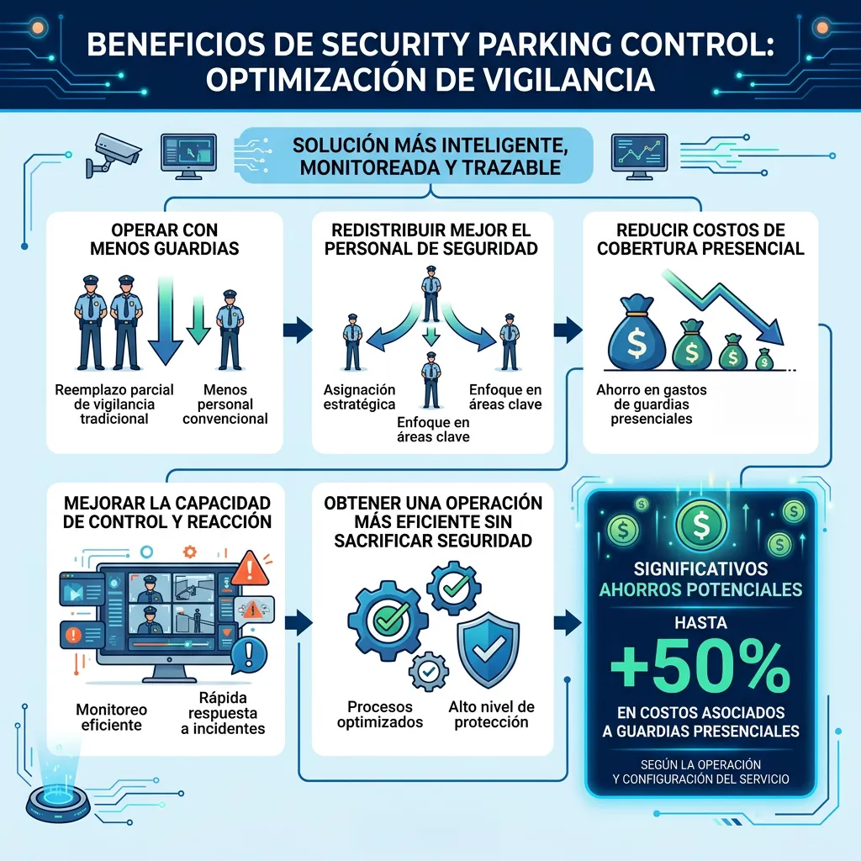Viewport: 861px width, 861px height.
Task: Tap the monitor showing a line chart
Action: [640, 156]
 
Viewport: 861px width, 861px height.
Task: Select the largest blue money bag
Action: [637, 333]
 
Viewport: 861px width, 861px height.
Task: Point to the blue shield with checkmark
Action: [489, 649]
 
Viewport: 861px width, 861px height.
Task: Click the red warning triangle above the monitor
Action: [250, 569]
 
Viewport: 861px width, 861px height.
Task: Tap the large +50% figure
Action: [700, 667]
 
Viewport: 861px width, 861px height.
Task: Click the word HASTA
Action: [700, 623]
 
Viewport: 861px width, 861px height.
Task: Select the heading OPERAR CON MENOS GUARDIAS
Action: [165, 239]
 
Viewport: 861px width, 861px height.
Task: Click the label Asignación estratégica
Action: [359, 397]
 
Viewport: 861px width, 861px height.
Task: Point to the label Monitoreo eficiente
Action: [112, 717]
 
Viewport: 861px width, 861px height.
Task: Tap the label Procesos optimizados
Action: [380, 714]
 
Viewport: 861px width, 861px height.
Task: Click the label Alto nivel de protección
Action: [491, 714]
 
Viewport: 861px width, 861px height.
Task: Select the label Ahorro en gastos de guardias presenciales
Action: [652, 404]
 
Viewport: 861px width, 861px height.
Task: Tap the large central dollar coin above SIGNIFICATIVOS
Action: [701, 525]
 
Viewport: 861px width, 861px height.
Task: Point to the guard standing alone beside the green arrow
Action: [230, 330]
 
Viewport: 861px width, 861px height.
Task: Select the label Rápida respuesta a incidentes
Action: [223, 713]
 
